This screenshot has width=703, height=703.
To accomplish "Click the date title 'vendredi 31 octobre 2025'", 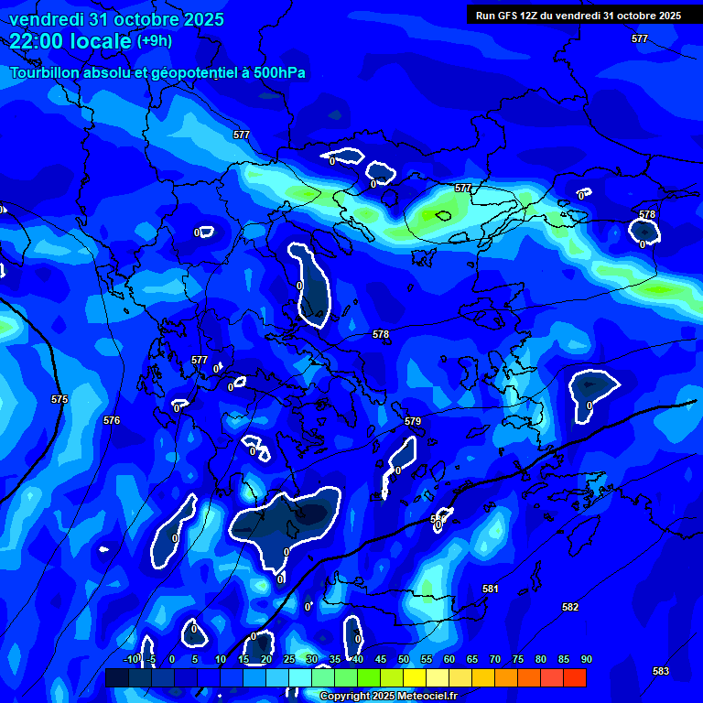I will [x=116, y=19].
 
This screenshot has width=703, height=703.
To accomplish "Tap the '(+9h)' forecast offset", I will [x=154, y=41].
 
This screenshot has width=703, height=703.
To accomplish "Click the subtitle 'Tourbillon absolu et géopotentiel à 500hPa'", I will [x=157, y=73].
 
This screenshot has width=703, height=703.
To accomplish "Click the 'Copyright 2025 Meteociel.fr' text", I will [x=388, y=697].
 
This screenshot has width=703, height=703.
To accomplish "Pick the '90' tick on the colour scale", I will [x=586, y=659].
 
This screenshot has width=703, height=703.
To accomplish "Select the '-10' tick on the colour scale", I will [x=131, y=659].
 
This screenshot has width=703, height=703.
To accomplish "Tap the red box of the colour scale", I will [x=574, y=677].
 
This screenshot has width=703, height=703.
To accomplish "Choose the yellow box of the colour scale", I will [x=415, y=677].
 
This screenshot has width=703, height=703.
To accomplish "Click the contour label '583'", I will [x=661, y=671].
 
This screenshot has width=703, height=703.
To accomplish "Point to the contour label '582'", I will [x=570, y=607].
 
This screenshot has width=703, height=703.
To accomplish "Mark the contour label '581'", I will [x=491, y=589].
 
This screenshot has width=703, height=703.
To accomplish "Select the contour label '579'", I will [x=413, y=421].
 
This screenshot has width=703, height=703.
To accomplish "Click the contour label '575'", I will [x=59, y=399].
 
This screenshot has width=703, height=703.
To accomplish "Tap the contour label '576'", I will [x=112, y=420].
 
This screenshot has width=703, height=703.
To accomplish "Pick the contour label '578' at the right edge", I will [x=647, y=214].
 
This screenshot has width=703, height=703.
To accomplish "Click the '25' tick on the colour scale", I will [x=289, y=659].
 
